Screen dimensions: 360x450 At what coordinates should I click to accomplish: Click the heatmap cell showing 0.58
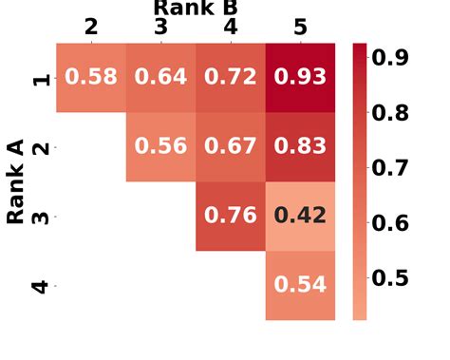(91, 77)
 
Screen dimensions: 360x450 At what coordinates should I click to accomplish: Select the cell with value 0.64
(160, 77)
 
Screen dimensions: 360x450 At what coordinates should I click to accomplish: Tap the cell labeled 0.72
(231, 77)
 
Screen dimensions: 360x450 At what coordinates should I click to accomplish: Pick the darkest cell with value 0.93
(300, 77)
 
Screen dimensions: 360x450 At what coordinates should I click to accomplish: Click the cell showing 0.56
(160, 146)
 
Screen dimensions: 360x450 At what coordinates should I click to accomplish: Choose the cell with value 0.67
(231, 146)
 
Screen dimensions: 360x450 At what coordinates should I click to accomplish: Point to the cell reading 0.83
(300, 146)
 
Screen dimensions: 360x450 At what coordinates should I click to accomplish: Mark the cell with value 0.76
(231, 216)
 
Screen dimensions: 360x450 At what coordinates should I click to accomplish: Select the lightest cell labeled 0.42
(300, 216)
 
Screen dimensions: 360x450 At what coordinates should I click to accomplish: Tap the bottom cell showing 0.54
(300, 284)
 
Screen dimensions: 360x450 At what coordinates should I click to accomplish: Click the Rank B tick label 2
(91, 27)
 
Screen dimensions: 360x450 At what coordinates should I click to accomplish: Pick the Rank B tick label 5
(300, 27)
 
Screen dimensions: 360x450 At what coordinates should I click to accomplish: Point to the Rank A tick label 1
(41, 78)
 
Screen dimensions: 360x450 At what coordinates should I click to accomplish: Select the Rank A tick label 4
(41, 285)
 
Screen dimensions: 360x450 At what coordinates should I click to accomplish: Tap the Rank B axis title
(196, 8)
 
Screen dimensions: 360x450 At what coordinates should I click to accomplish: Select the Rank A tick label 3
(41, 217)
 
